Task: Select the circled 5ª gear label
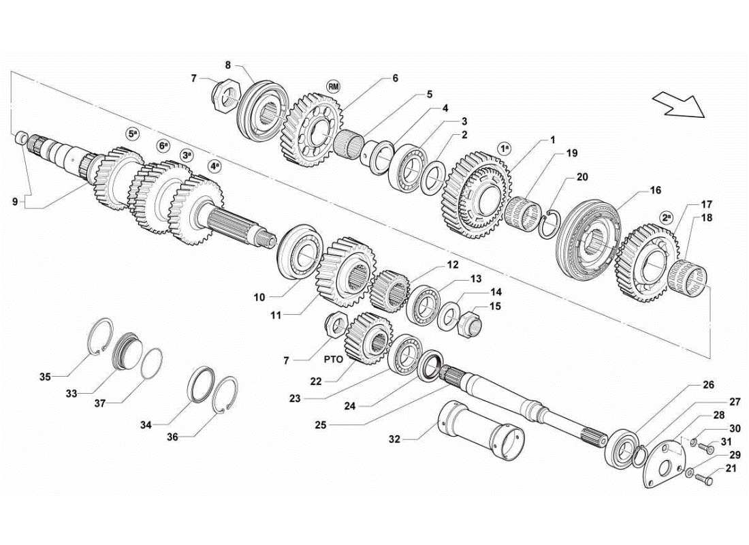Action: (132, 134)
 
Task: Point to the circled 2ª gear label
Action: (667, 217)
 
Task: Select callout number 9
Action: (15, 201)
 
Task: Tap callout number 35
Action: (45, 376)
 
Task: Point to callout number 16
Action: (654, 191)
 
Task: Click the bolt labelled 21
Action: (704, 482)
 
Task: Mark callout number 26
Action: (708, 385)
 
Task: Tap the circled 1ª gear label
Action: (505, 147)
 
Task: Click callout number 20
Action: (581, 176)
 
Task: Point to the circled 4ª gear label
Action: (214, 166)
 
